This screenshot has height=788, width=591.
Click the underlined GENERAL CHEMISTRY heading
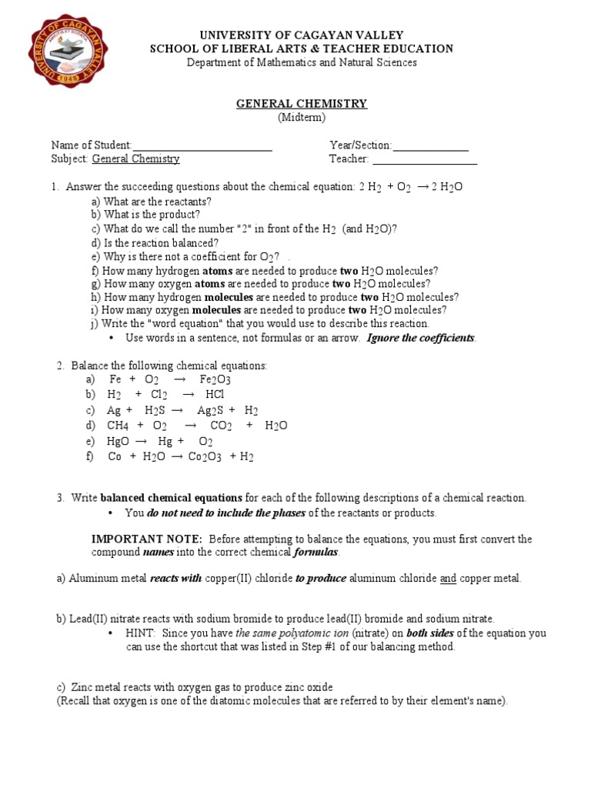301,104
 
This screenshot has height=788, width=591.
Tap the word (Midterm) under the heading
302,118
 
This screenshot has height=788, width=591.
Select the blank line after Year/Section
430,146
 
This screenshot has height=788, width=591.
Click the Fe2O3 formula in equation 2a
215,380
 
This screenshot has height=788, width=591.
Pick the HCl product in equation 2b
215,395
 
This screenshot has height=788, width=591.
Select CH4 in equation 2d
118,426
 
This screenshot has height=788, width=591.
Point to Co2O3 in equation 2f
204,457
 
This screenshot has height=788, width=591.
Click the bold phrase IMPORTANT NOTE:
147,539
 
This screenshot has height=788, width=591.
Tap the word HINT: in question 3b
141,633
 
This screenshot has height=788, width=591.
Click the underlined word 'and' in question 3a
448,578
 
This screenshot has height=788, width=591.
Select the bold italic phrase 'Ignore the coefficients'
421,338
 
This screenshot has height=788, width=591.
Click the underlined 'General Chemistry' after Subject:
136,159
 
